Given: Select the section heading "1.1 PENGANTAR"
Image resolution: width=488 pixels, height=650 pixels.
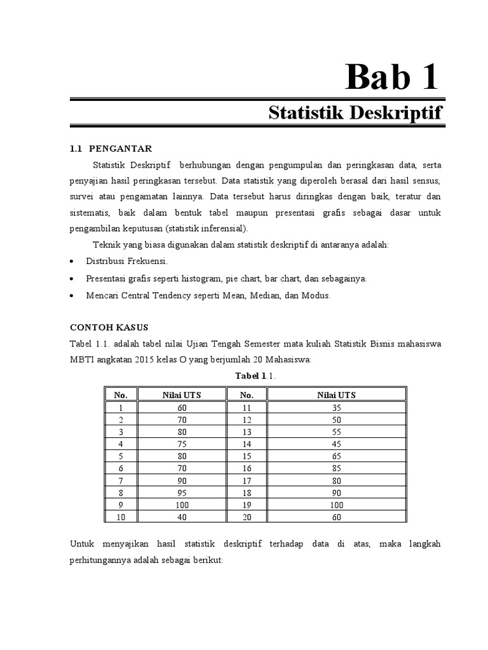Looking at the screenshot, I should click(x=111, y=149).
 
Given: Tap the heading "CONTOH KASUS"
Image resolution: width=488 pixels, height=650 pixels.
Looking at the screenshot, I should click(x=108, y=328).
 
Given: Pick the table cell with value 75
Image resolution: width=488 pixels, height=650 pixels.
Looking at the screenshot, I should click(x=182, y=444).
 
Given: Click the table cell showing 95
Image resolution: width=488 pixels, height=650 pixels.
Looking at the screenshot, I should click(x=182, y=493).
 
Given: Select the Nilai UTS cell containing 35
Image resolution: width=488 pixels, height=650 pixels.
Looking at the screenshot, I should click(x=336, y=408).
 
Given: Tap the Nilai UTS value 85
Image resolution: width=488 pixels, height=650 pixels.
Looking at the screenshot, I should click(x=336, y=468).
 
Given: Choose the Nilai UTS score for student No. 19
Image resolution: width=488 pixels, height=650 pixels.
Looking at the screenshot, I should click(x=336, y=505).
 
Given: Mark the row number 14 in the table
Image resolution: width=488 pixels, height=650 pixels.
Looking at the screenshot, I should click(x=247, y=444).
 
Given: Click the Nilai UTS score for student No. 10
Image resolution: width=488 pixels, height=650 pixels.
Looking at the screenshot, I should click(x=182, y=517).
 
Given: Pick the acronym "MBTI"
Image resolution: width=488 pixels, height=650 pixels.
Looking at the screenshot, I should click(x=83, y=360).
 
